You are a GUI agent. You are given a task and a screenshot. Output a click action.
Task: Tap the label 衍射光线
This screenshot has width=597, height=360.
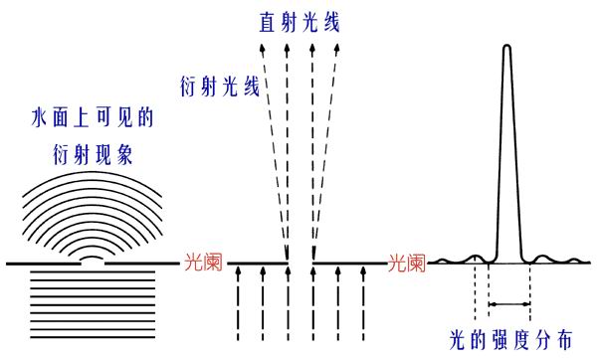[220, 86]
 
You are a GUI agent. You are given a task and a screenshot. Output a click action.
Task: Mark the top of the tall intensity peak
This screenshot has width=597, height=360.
[508, 47]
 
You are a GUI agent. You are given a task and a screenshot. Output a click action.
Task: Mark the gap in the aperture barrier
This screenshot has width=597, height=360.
[300, 264]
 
